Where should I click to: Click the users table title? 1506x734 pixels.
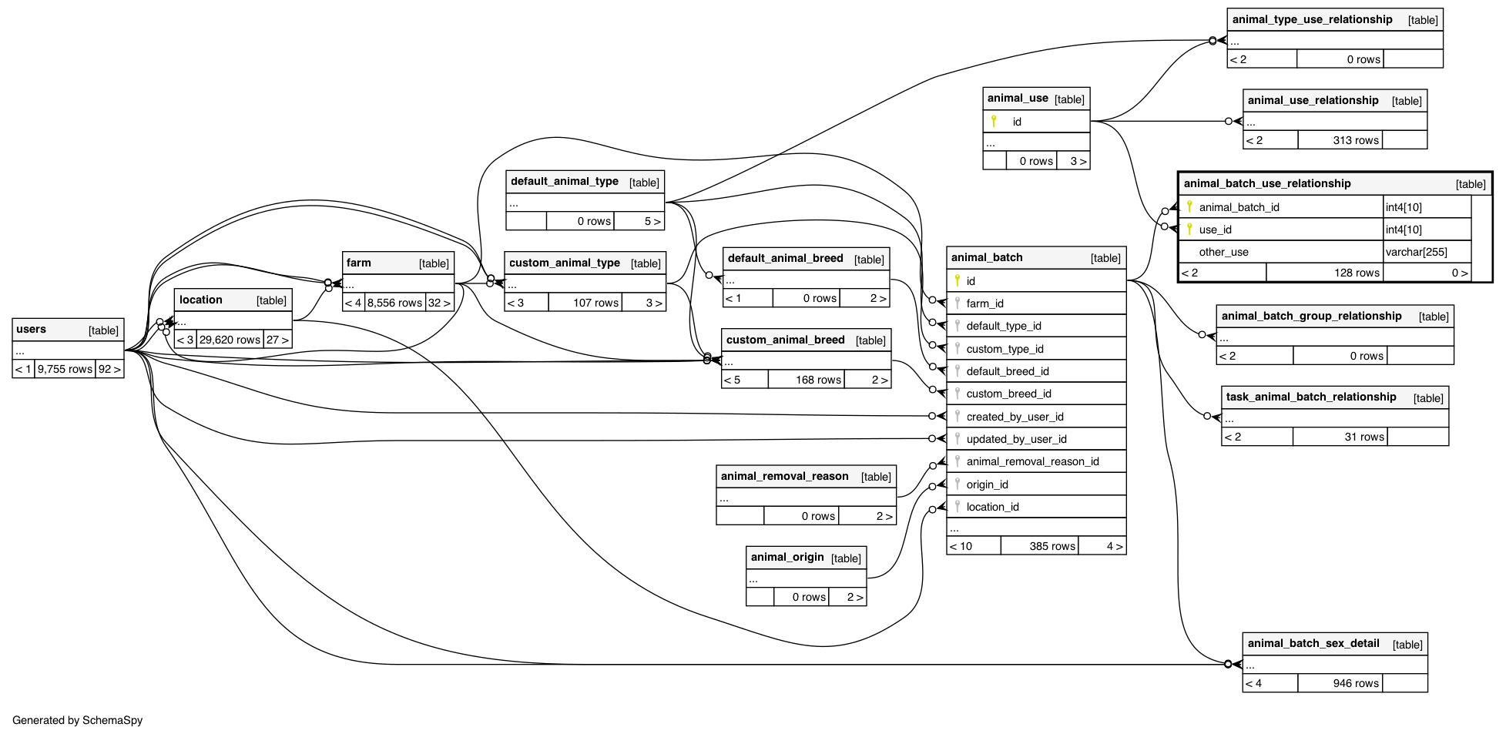[32, 330]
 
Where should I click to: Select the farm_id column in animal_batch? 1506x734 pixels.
[984, 303]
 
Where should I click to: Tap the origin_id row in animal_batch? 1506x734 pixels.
[987, 484]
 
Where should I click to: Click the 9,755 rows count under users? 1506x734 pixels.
[65, 369]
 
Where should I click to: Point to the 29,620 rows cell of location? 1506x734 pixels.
[230, 340]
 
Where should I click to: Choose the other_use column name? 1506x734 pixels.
[1223, 252]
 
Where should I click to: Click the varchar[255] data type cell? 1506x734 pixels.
[1416, 252]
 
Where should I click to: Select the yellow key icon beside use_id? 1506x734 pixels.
[1189, 229]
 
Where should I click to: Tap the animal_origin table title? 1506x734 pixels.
[787, 558]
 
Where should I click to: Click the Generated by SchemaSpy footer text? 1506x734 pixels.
[77, 720]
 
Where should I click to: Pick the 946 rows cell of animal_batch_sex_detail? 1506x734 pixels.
[1355, 683]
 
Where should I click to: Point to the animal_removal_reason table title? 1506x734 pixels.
[784, 477]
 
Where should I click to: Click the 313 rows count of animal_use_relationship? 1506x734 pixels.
[1355, 140]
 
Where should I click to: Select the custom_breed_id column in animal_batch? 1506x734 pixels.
[1008, 394]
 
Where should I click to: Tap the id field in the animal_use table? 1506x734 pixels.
[1017, 122]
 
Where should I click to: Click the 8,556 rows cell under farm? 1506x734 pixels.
[394, 303]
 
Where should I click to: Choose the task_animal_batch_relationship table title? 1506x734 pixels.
[1310, 397]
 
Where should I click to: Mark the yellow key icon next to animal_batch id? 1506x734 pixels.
[958, 280]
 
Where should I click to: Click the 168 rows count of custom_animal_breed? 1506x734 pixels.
[817, 380]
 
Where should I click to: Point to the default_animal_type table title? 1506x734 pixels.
[564, 182]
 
